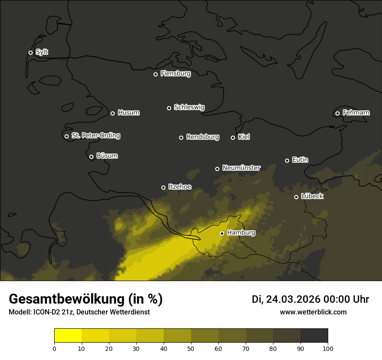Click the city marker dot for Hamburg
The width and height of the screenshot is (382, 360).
point(222,233)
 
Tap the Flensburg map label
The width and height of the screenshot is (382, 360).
point(175,74)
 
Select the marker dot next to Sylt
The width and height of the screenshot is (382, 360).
point(30,52)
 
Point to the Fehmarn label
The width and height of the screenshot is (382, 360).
point(356,113)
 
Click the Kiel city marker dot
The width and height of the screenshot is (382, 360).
point(233,137)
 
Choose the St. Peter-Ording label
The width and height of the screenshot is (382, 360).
point(95,136)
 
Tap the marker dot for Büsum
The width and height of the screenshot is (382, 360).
point(91,157)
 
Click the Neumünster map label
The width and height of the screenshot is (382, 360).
point(241,168)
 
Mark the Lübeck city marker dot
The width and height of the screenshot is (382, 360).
point(296,197)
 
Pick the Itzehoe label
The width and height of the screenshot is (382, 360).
point(180,187)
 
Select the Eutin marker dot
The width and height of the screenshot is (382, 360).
point(287,160)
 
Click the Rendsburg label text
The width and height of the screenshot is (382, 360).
point(203,137)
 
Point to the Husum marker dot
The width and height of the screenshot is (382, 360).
point(112,113)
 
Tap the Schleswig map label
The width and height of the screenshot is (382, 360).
point(189,107)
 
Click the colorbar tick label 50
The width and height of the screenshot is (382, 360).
point(191,348)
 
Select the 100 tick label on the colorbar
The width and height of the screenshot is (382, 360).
point(328,348)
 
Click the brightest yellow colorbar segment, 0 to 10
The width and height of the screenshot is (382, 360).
point(68,336)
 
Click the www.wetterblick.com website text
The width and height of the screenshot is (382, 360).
point(313,312)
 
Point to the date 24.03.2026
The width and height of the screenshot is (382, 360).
point(293,299)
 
